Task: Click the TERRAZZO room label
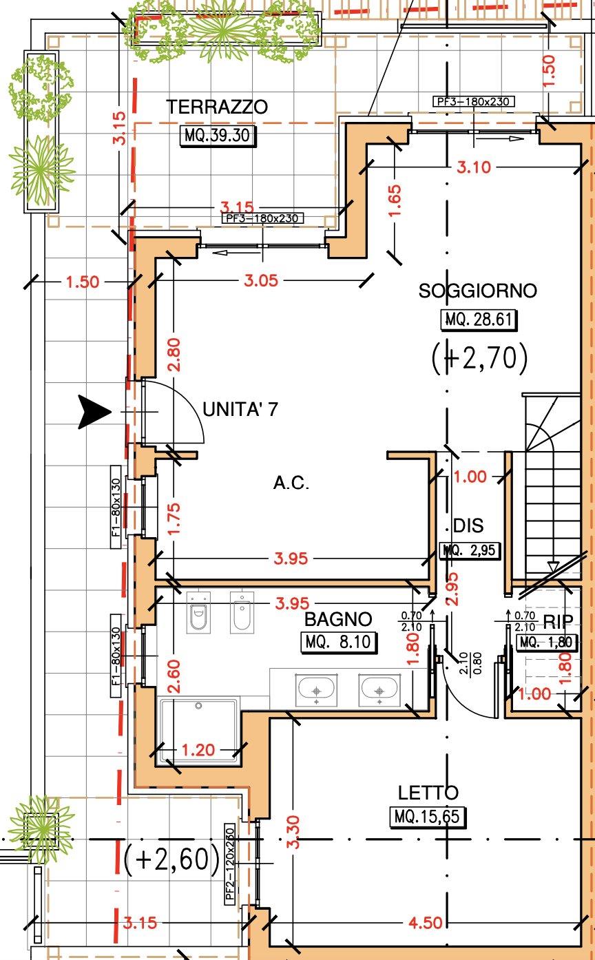[217, 107]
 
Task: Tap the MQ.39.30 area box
[218, 136]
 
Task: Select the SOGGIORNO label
[477, 291]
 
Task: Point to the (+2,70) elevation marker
[480, 358]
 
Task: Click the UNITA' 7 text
[240, 409]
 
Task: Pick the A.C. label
[291, 483]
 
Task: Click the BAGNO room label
[338, 619]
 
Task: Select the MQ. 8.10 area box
[338, 642]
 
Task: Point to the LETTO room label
[428, 793]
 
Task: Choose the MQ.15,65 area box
[428, 817]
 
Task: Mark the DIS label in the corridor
[468, 526]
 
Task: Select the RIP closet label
[558, 622]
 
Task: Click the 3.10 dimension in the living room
[473, 167]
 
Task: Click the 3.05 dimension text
[261, 281]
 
